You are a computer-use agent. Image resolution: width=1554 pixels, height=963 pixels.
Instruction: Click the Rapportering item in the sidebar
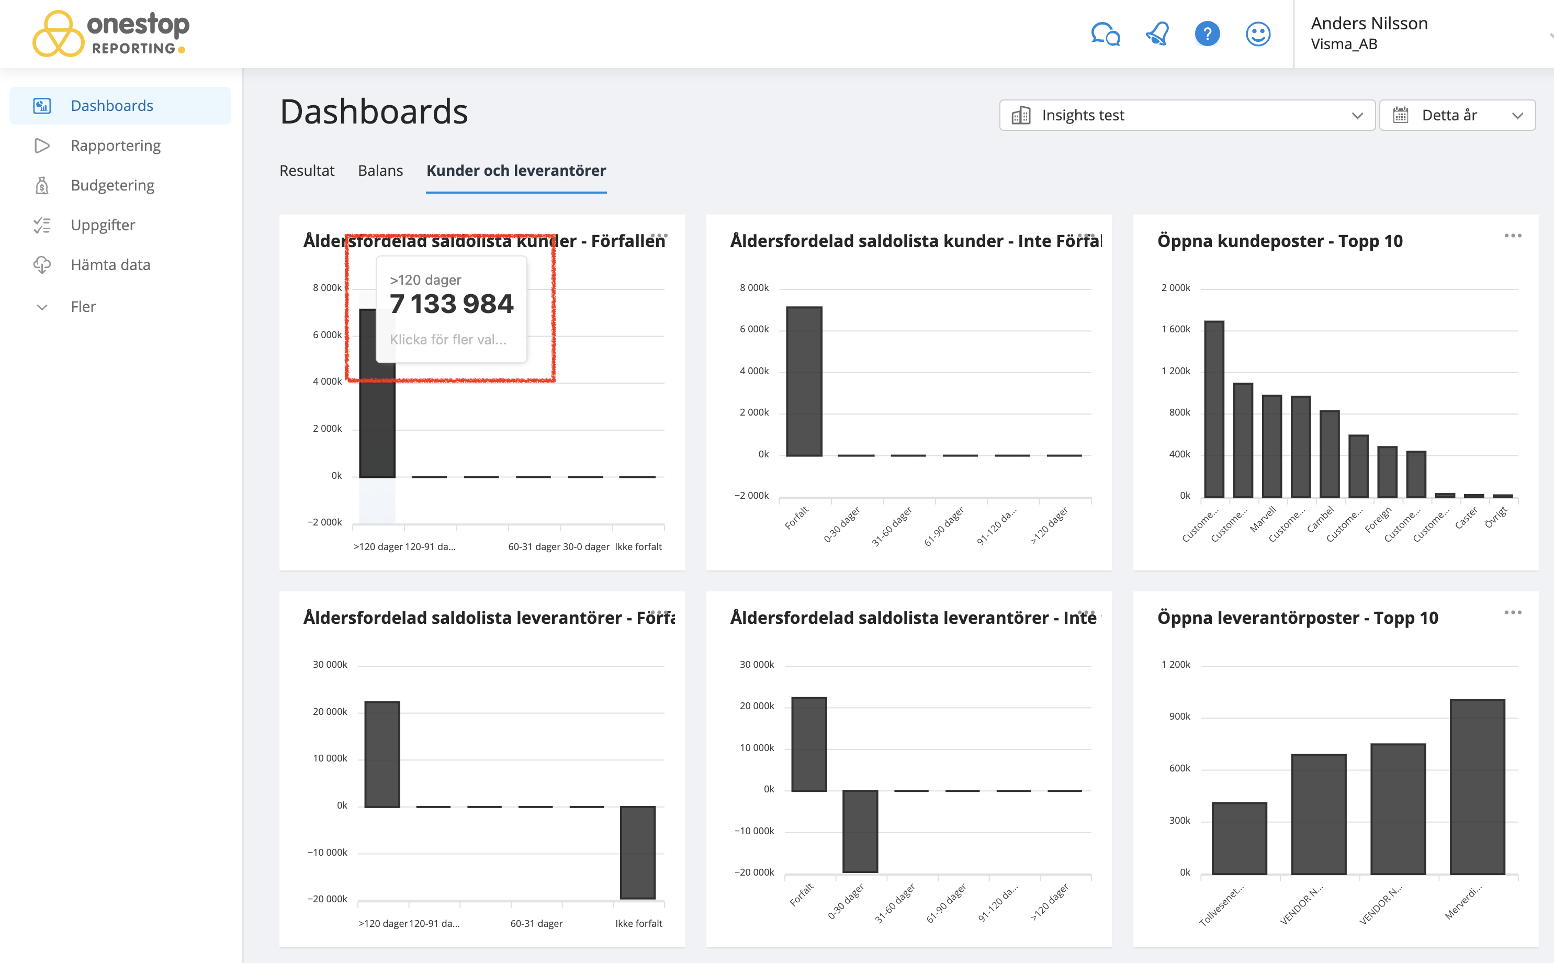[x=115, y=146]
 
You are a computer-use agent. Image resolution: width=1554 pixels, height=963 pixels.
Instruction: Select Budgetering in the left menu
[x=112, y=185]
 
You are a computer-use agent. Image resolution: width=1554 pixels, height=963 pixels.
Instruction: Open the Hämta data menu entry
[x=110, y=265]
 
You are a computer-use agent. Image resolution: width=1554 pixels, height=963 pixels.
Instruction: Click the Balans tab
[x=380, y=171]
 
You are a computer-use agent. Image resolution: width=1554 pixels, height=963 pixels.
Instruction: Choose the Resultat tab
[x=306, y=171]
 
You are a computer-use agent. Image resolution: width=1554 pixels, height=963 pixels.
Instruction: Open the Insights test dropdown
[x=1187, y=115]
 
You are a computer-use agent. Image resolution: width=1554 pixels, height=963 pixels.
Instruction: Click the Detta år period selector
[x=1457, y=115]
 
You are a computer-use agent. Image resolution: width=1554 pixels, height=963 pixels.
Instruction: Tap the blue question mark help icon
[x=1207, y=33]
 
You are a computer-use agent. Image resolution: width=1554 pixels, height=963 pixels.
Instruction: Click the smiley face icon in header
[x=1257, y=33]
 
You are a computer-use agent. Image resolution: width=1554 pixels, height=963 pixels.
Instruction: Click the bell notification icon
[x=1157, y=33]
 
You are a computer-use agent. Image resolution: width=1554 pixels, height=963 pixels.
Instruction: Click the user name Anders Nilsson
[x=1369, y=24]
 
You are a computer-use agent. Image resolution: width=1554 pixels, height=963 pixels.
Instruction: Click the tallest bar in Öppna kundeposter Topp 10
[x=1213, y=409]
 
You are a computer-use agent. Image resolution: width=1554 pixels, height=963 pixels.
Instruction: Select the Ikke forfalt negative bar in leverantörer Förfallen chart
[x=637, y=852]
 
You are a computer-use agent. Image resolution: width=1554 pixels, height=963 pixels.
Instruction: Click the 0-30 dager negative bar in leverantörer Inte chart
[x=860, y=831]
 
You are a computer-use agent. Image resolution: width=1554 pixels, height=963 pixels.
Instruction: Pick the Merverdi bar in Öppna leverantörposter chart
[x=1477, y=787]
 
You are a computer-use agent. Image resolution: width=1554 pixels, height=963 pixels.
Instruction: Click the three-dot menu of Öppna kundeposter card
[x=1512, y=236]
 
